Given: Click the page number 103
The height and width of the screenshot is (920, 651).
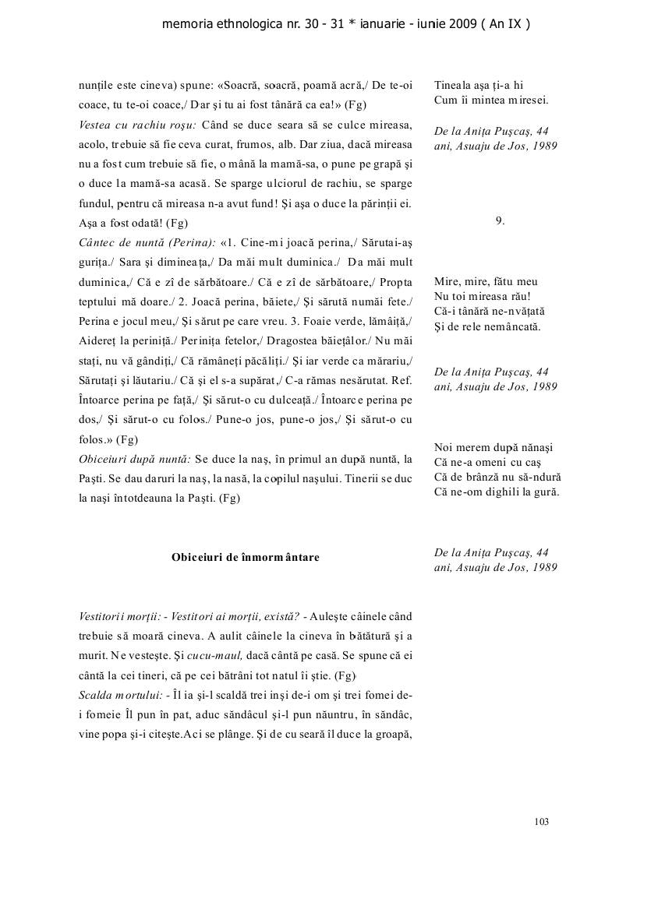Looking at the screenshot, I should click(x=543, y=821).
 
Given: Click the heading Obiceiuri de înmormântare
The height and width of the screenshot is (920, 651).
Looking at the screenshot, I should click(x=245, y=557).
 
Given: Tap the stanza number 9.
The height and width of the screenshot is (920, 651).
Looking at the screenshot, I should click(x=500, y=220).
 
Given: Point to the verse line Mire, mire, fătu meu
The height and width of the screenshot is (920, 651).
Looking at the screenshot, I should click(x=486, y=281).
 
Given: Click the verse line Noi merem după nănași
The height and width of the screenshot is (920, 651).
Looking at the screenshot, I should click(x=493, y=447).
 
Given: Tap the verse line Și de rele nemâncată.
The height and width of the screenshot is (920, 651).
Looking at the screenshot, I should click(x=487, y=326).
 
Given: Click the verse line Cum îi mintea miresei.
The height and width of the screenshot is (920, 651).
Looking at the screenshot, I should click(x=491, y=100).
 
